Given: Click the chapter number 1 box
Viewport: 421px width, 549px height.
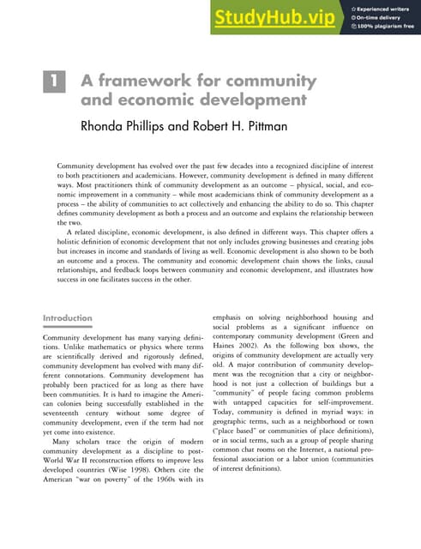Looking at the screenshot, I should click(53, 82).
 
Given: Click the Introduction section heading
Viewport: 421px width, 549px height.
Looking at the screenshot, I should click(68, 318).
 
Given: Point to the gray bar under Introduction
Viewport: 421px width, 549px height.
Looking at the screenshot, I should click(68, 327).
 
